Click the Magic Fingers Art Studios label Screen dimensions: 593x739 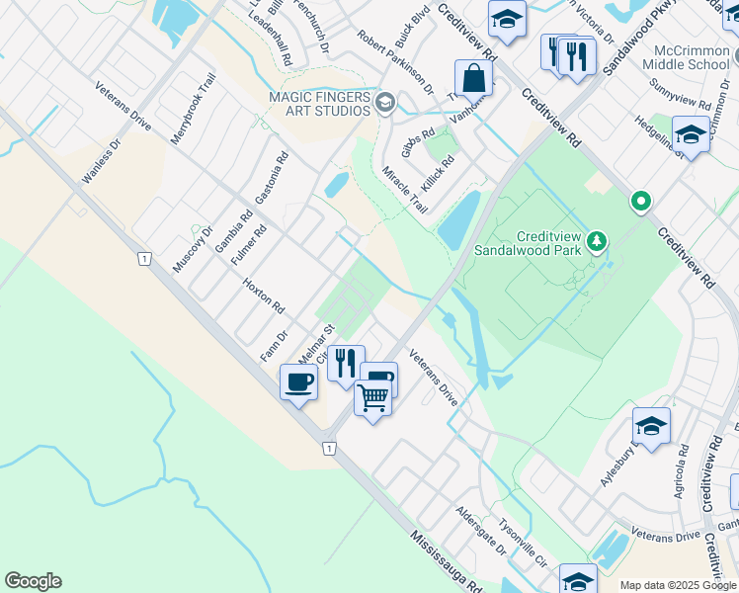click(x=318, y=103)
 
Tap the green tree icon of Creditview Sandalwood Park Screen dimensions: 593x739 click(x=596, y=241)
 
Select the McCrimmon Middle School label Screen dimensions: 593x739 click(x=685, y=57)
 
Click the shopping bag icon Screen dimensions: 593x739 click(x=473, y=77)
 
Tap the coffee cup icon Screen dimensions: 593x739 click(x=298, y=381)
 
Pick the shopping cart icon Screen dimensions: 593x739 click(x=372, y=398)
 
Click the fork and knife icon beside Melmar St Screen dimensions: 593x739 click(x=345, y=363)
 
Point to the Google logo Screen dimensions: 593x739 click(x=33, y=581)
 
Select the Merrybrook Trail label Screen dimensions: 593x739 click(x=193, y=109)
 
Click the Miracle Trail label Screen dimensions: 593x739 click(x=405, y=191)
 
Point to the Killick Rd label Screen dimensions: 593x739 click(x=436, y=174)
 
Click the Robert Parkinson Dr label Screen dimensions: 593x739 click(x=395, y=61)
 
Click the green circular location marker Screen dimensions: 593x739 click(x=641, y=203)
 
